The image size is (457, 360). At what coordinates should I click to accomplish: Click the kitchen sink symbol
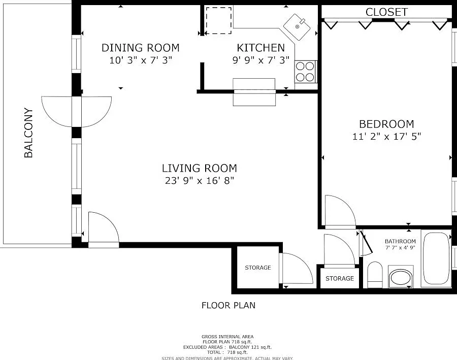[297, 27]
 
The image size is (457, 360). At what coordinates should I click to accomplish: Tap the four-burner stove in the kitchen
[305, 72]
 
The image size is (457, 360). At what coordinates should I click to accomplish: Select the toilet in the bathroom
[375, 275]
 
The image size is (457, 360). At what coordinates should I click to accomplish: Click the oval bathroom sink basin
[401, 278]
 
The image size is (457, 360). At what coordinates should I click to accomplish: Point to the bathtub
[436, 258]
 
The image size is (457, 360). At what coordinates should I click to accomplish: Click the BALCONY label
[28, 133]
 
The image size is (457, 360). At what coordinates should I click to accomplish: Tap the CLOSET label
[386, 12]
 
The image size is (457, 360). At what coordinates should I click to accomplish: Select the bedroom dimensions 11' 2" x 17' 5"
[386, 136]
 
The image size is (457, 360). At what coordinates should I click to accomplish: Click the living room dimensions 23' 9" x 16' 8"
[200, 180]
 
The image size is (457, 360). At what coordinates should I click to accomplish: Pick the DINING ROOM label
[141, 48]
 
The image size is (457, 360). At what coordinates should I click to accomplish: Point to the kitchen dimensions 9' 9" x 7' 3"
[261, 60]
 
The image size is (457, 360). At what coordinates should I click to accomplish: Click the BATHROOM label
[400, 241]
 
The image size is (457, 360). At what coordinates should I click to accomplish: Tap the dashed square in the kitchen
[218, 20]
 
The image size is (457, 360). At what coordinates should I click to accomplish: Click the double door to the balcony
[76, 112]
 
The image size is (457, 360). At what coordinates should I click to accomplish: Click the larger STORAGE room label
[258, 268]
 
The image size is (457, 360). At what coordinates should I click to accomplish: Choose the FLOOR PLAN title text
[228, 305]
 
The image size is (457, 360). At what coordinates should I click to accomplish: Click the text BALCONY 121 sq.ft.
[250, 347]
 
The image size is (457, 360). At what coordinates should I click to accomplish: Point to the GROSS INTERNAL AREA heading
[227, 337]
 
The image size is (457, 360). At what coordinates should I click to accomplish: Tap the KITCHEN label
[260, 48]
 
